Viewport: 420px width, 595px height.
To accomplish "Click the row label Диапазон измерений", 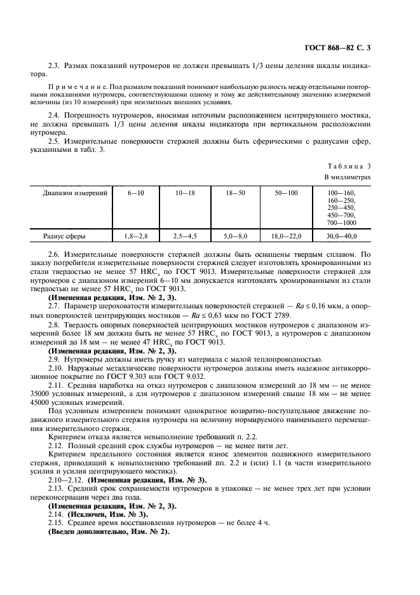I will [x=75, y=192].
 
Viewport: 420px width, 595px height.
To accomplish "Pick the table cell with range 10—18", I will [x=185, y=192].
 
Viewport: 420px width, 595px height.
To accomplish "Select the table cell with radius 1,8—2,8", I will [x=135, y=236].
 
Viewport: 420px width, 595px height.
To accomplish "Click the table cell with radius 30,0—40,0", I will [x=342, y=236].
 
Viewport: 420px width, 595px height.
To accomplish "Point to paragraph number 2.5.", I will [x=55, y=140].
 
